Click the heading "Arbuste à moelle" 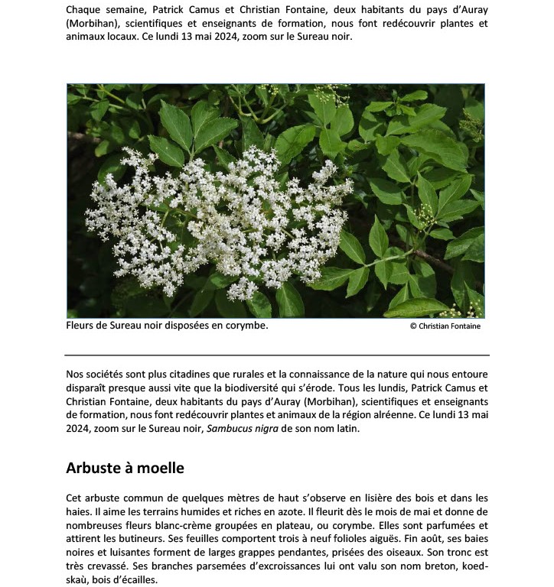(125, 468)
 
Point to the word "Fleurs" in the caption (80, 325)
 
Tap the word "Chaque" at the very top (83, 10)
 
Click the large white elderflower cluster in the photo (222, 218)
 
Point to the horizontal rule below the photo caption (276, 355)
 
